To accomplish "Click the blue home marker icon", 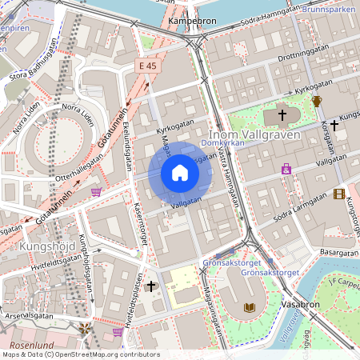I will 180,173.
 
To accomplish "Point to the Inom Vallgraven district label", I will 254,134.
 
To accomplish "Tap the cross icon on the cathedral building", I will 282,116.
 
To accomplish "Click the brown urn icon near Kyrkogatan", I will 317,102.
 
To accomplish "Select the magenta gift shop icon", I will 286,169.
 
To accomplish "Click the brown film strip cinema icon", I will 340,194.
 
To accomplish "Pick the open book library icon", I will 250,307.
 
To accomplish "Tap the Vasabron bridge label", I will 301,305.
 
